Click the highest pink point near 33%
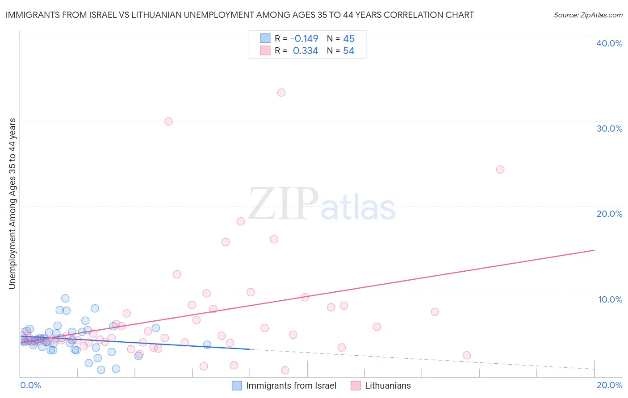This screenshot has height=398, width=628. pos(281,93)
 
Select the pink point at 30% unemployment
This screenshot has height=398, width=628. pos(168,121)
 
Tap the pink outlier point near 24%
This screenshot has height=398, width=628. pos(500,170)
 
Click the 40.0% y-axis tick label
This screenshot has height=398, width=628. pos(609,43)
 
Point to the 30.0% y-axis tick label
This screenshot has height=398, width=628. pos(609,129)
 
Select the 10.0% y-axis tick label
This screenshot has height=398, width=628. pos(610,299)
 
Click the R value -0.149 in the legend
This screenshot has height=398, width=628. pos(304,38)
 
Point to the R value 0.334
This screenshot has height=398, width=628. pos(306,51)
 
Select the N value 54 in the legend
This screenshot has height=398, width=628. pos(348,51)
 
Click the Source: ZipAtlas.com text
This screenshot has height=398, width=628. pos(588,15)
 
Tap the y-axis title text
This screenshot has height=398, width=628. pos(13,203)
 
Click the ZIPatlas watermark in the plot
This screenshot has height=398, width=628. pos(322,204)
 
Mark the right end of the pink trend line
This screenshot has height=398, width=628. pos(595,250)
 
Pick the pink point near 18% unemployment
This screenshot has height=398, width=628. pos(240,221)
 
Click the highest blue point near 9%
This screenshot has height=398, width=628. pos(65,298)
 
